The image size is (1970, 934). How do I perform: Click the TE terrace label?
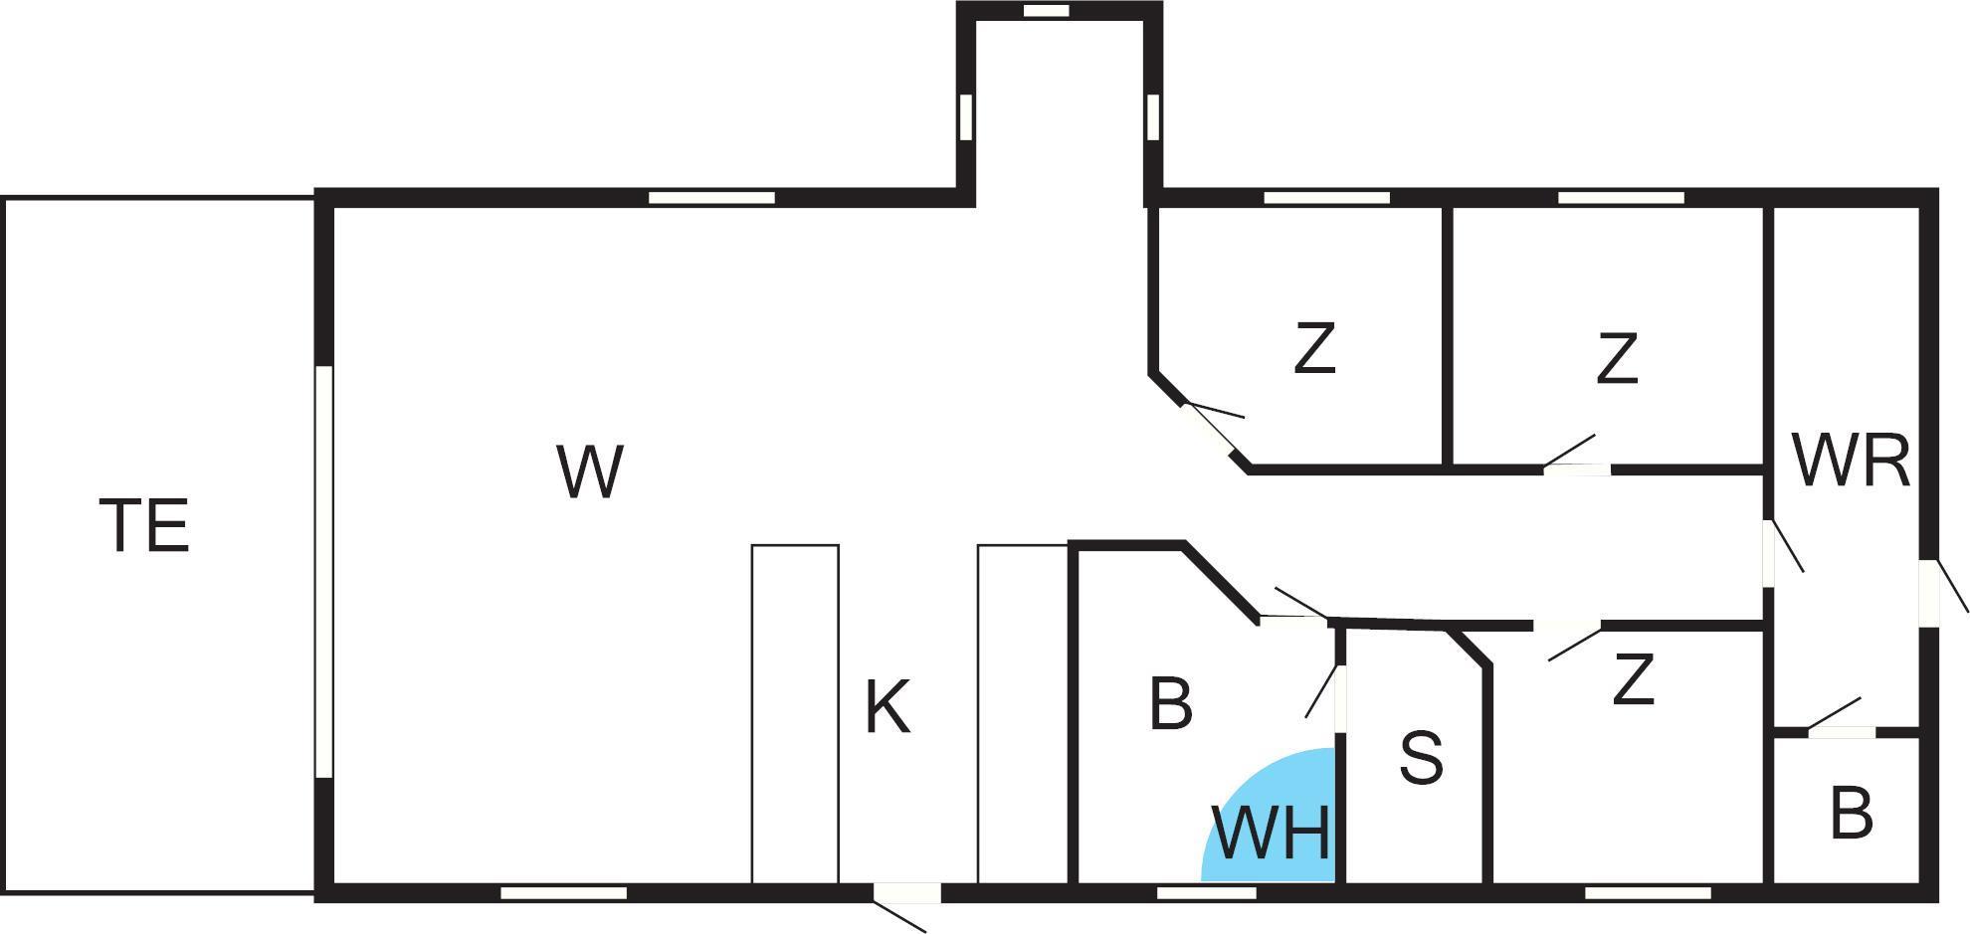pos(145,526)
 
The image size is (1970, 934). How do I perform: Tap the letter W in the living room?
pos(590,472)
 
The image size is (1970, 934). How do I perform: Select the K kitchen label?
pos(886,707)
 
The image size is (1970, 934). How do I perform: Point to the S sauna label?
pos(1420,758)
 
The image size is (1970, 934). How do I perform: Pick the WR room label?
pos(1851,462)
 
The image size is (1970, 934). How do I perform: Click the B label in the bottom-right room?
pos(1851,813)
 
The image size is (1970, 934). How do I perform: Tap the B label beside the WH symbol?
pos(1170,704)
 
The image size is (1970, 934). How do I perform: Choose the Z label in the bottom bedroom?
pos(1632,681)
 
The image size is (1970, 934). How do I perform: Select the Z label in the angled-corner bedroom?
pos(1313,349)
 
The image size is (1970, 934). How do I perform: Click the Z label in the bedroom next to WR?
pos(1617,359)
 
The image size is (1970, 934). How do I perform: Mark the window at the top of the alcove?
pos(1046,11)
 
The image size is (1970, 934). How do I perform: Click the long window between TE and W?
pos(323,571)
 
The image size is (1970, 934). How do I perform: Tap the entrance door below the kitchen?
pos(905,893)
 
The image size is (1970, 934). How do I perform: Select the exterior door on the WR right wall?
pos(1930,593)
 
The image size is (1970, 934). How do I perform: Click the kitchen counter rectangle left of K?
pos(795,713)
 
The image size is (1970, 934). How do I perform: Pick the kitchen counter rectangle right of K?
pos(1023,713)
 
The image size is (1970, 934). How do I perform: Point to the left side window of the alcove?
pos(965,117)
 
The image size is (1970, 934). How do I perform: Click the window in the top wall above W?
pos(711,197)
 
